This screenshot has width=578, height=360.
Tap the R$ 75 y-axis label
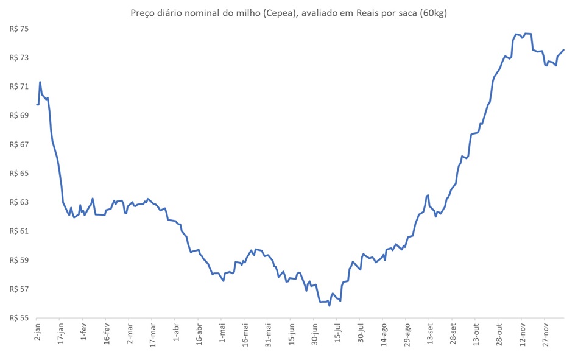click(20, 29)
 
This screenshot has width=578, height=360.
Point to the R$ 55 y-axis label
click(20, 317)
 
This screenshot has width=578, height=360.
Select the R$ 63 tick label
click(20, 202)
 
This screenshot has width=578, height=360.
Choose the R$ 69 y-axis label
click(20, 115)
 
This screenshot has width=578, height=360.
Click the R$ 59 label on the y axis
click(20, 260)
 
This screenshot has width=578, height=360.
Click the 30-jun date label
click(314, 336)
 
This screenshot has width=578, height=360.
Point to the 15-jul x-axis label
click(337, 335)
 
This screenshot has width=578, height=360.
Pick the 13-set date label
click(430, 336)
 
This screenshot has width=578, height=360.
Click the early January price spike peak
click(40, 82)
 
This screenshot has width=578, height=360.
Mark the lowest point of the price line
click(330, 306)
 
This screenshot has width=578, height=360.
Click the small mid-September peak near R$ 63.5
click(428, 195)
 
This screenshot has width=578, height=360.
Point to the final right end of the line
click(564, 49)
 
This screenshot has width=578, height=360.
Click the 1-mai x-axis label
click(222, 335)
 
